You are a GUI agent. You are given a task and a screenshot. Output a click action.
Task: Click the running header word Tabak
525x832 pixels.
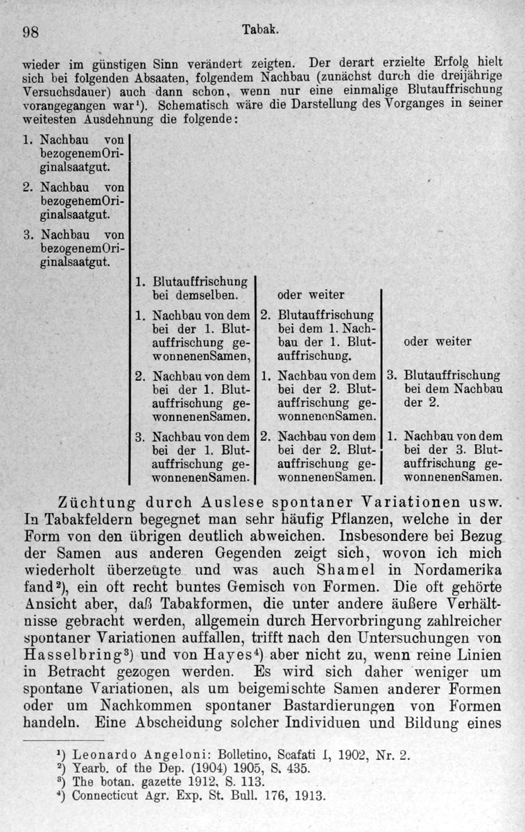tap(261, 30)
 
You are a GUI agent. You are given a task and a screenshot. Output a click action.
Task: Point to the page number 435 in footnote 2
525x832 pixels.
tap(296, 768)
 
